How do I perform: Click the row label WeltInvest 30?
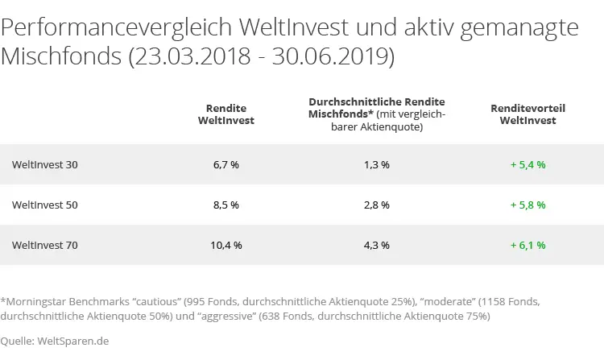click(x=45, y=164)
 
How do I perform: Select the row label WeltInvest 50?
click(x=45, y=205)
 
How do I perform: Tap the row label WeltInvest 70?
click(x=45, y=245)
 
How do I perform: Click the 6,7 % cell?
click(x=226, y=164)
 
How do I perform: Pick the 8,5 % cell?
click(x=226, y=205)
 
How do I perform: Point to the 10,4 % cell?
click(x=226, y=245)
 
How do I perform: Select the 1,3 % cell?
click(x=377, y=164)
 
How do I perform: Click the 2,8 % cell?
click(x=377, y=205)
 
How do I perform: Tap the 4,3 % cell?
click(x=377, y=245)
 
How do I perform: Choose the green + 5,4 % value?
click(x=527, y=164)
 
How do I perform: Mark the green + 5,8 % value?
click(x=527, y=205)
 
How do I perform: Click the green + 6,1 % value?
click(x=527, y=245)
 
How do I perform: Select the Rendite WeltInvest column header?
click(x=226, y=114)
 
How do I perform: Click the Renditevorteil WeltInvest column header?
click(x=527, y=114)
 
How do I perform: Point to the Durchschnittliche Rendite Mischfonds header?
click(x=377, y=109)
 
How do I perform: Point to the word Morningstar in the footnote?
click(x=34, y=301)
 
